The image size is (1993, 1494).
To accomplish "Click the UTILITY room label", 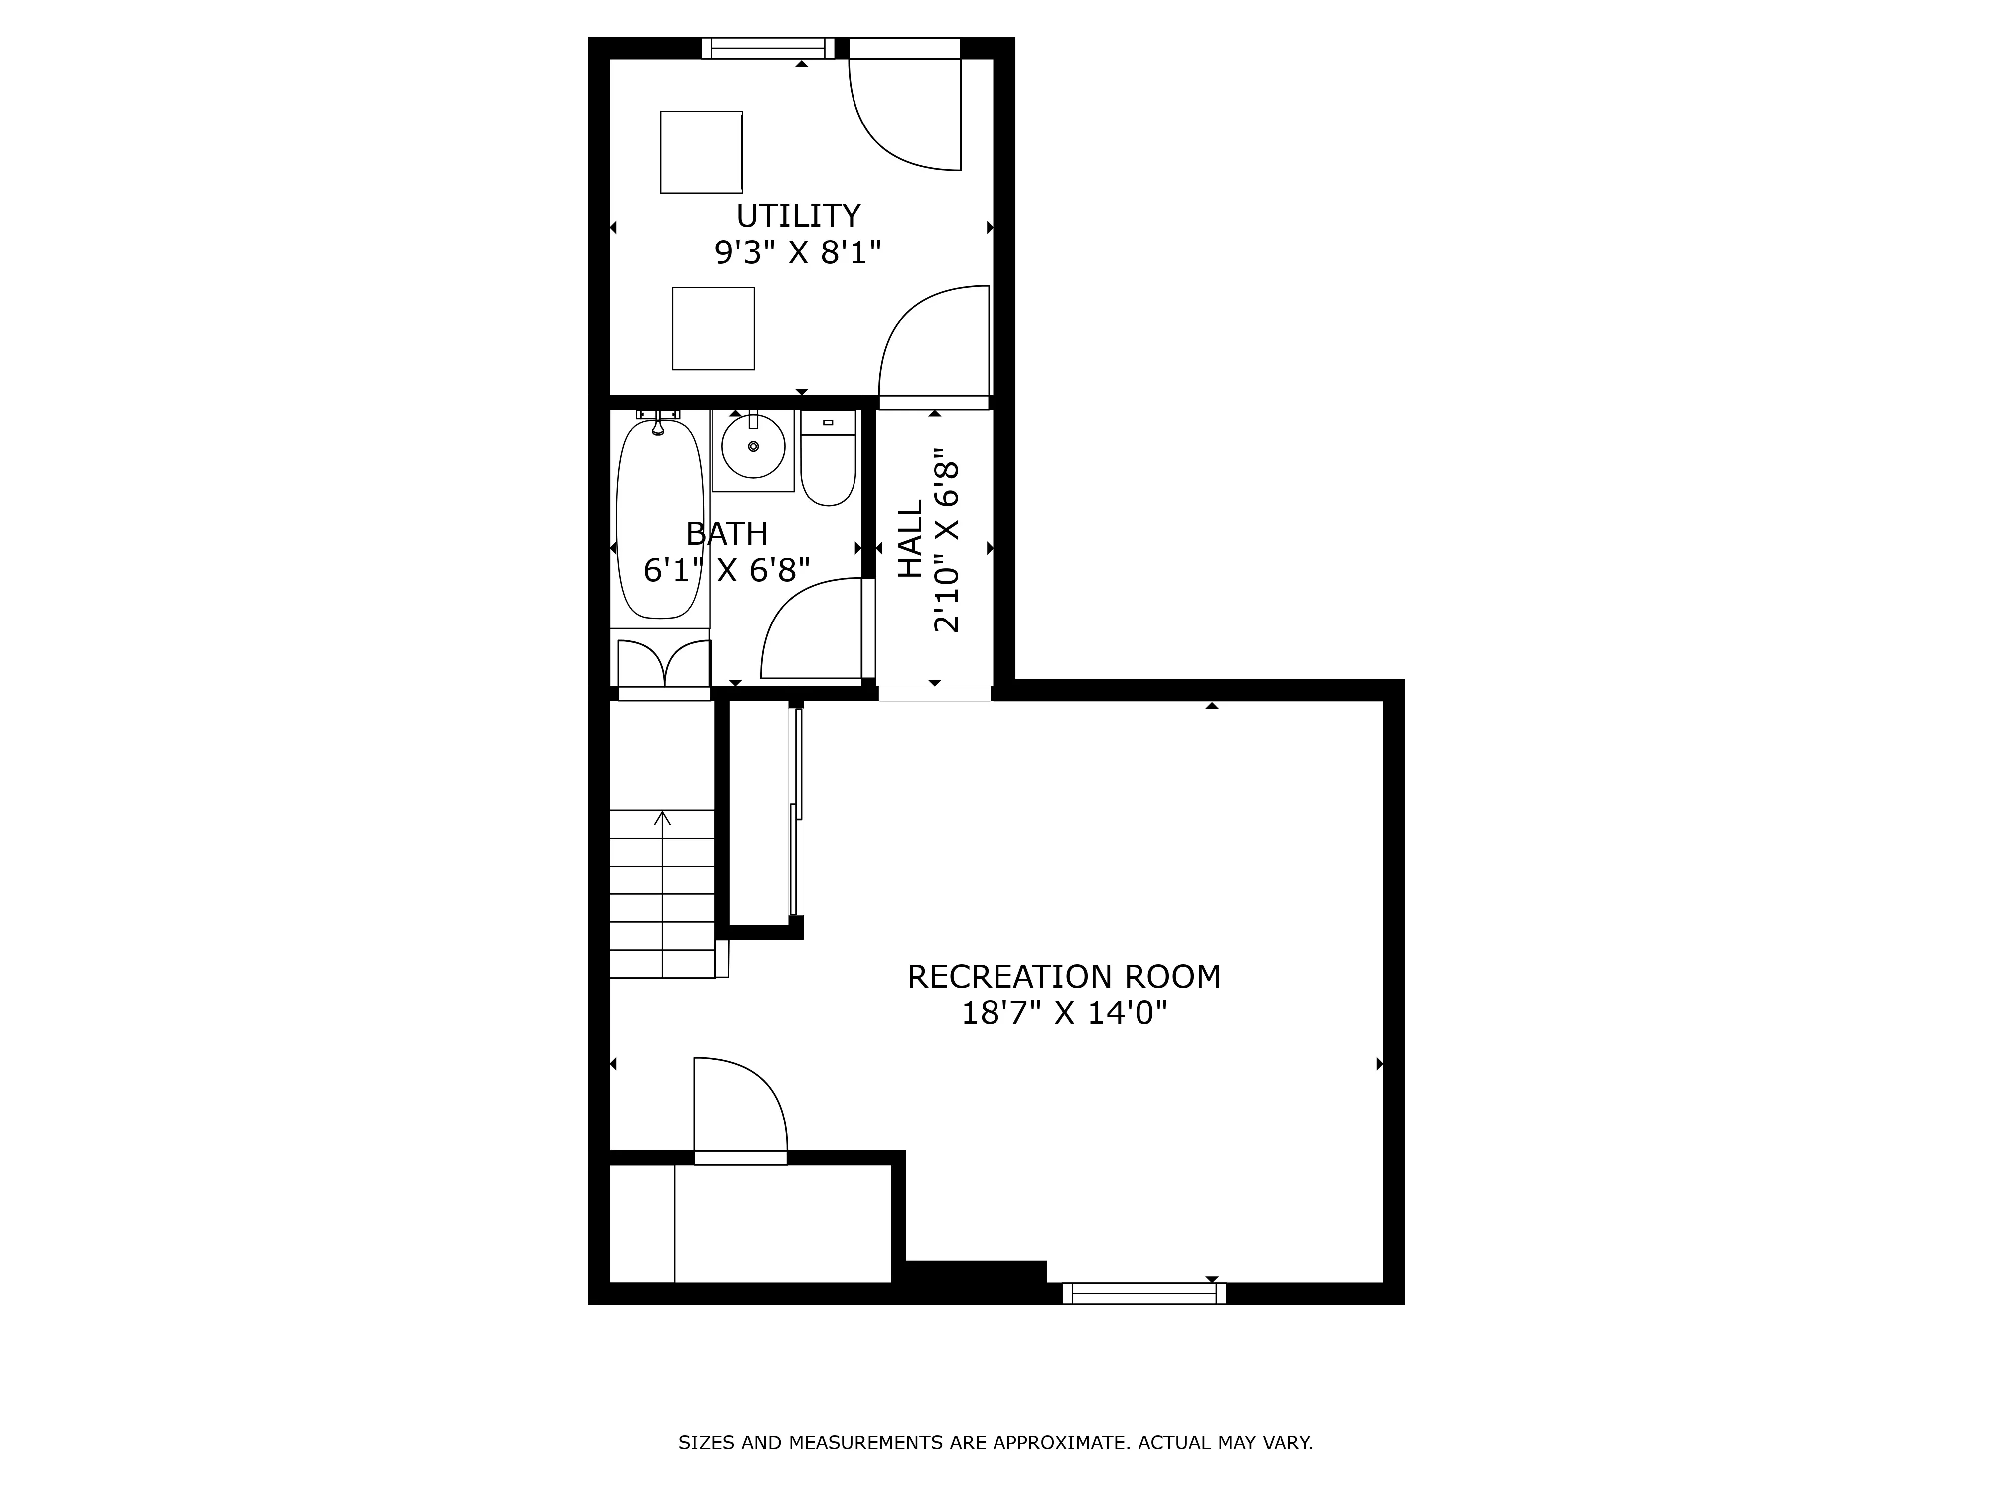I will pyautogui.click(x=798, y=216).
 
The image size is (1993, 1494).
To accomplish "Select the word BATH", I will pyautogui.click(x=726, y=534).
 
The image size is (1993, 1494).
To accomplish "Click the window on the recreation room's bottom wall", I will pyautogui.click(x=1144, y=1294).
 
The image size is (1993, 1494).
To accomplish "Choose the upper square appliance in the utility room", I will pyautogui.click(x=701, y=152).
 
